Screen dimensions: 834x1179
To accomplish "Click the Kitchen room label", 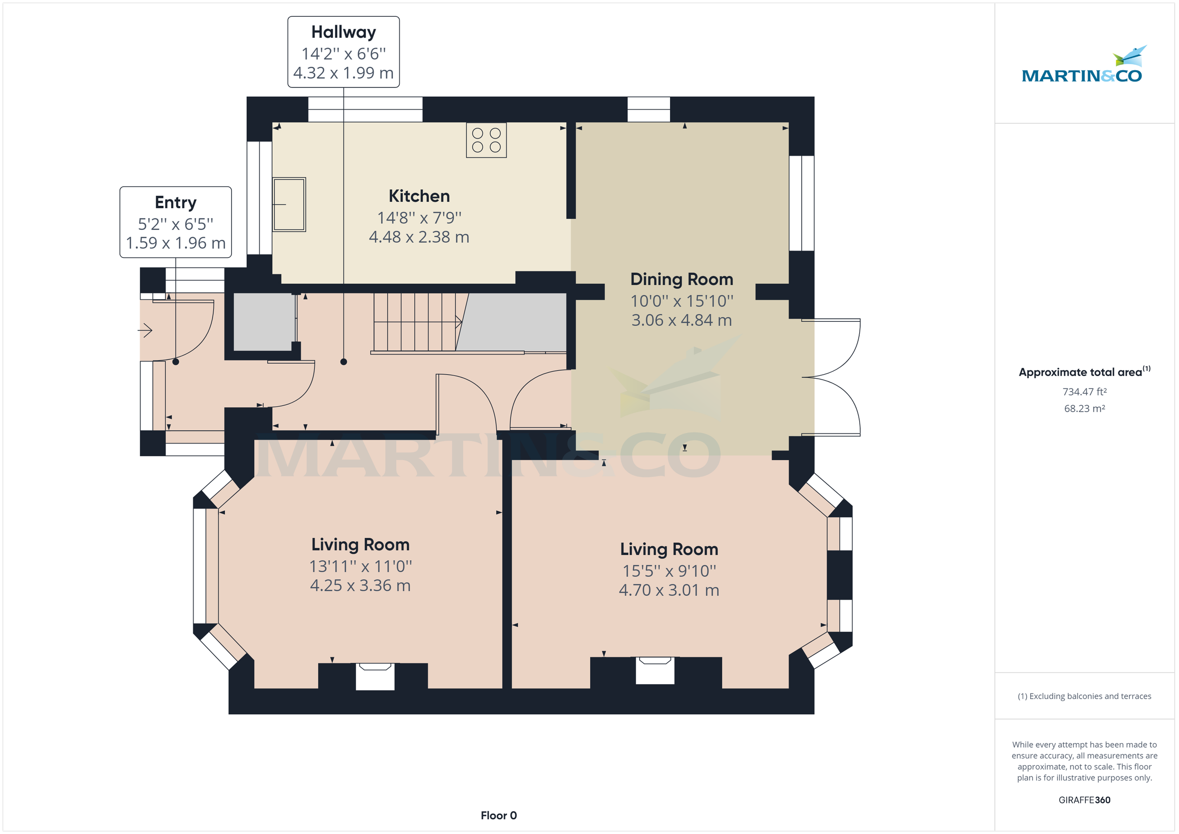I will [419, 196].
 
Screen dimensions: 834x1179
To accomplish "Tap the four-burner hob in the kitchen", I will [486, 140].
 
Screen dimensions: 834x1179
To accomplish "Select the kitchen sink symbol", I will [289, 204].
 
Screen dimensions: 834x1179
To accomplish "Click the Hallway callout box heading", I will [343, 32].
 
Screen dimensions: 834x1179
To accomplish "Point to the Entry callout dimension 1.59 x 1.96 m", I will [175, 243].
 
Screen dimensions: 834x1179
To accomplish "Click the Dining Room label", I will [681, 279].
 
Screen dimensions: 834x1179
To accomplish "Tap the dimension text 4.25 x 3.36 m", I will [360, 585].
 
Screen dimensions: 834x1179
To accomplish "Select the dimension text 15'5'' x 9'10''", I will [669, 571].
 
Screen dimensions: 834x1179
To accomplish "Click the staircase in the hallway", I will [416, 322].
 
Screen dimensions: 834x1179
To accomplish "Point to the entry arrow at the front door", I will [146, 330].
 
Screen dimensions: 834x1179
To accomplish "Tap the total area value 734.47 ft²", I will [1084, 392].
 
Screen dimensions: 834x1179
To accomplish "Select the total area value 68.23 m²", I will [1084, 409].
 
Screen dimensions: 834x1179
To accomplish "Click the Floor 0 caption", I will [498, 815].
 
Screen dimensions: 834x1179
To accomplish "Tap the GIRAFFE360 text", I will [1084, 800].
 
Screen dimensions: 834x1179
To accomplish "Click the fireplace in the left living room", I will [375, 676].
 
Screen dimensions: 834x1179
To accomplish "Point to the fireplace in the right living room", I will [655, 670].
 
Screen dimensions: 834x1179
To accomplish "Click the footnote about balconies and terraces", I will [1084, 696].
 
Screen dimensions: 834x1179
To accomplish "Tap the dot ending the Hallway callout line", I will [343, 362].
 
